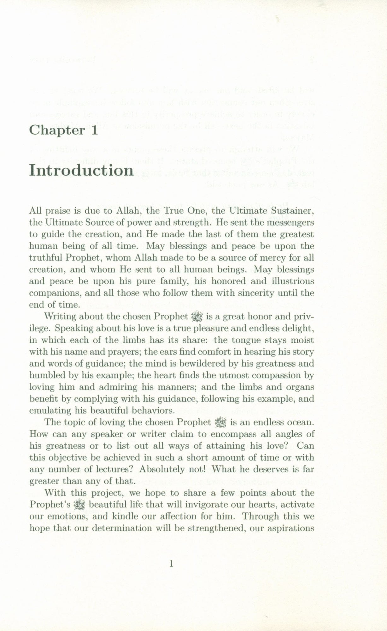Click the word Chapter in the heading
tap(57, 131)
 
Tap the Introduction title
tap(81, 170)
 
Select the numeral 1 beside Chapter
tap(94, 131)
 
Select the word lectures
tap(113, 469)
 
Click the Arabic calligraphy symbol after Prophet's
tap(77, 505)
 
